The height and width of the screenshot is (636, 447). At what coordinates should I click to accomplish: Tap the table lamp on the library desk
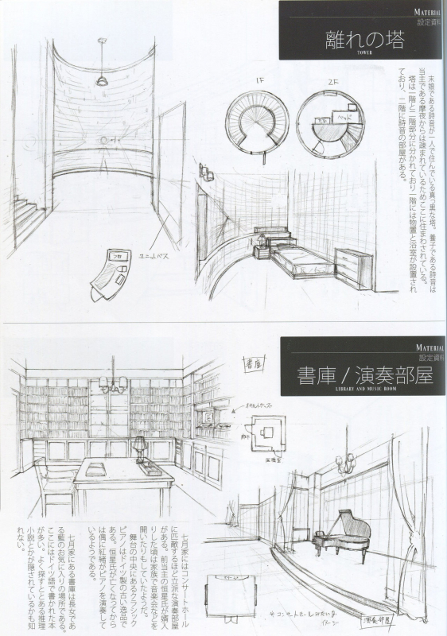pos(140,448)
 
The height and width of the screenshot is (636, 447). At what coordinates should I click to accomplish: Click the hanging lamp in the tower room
pos(103,79)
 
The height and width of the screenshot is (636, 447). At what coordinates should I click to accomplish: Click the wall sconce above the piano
pos(345,463)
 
